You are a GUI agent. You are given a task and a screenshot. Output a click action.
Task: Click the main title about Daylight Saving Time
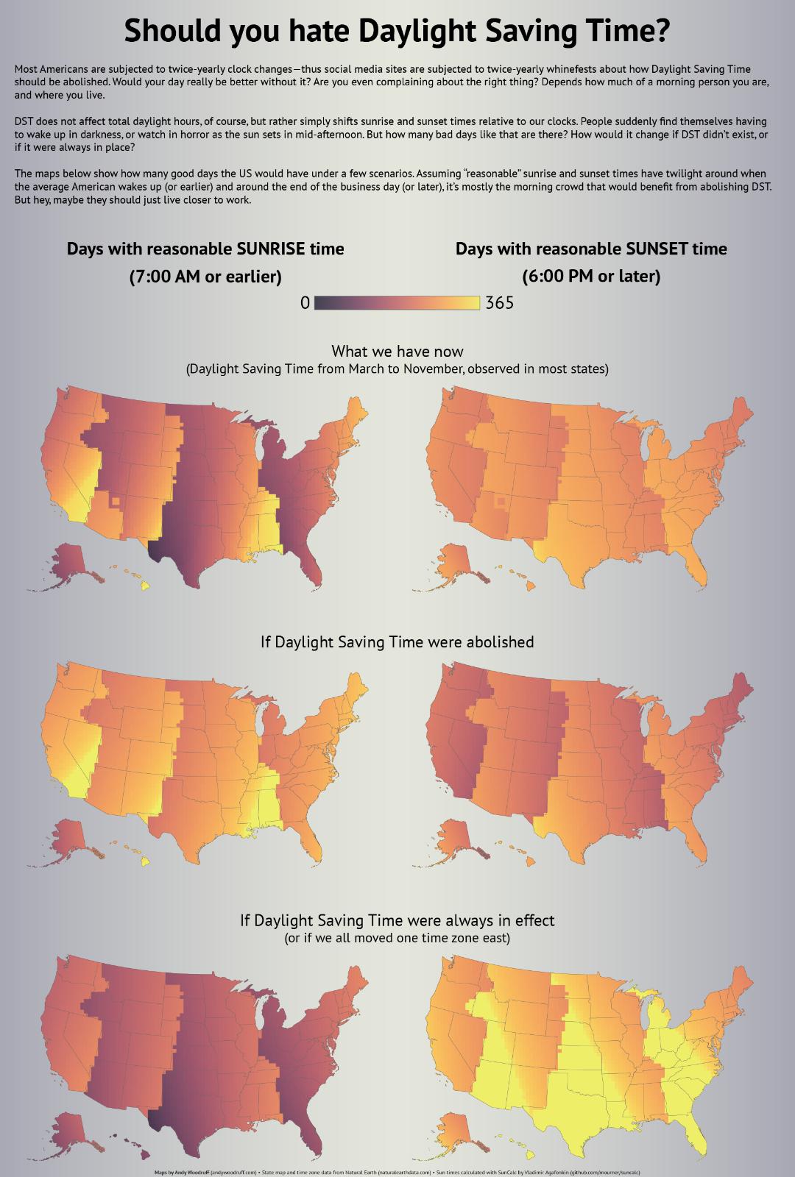click(397, 32)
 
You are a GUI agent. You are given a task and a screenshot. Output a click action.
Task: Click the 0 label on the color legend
click(305, 302)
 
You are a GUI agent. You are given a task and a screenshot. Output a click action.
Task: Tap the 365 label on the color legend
click(500, 302)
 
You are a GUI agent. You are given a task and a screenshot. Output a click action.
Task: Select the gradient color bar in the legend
click(397, 302)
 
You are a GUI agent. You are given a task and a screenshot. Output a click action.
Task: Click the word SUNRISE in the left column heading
click(271, 249)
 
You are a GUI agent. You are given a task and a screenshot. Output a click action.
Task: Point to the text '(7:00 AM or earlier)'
click(205, 277)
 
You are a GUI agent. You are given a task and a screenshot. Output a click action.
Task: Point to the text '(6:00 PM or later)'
click(591, 277)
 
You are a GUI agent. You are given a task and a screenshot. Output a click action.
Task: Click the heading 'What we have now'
click(397, 351)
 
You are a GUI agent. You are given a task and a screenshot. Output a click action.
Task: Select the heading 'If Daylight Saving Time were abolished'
click(397, 641)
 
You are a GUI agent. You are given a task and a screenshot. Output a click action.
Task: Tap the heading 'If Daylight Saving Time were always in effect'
click(397, 920)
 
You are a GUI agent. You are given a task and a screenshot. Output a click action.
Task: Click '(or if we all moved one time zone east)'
click(397, 938)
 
